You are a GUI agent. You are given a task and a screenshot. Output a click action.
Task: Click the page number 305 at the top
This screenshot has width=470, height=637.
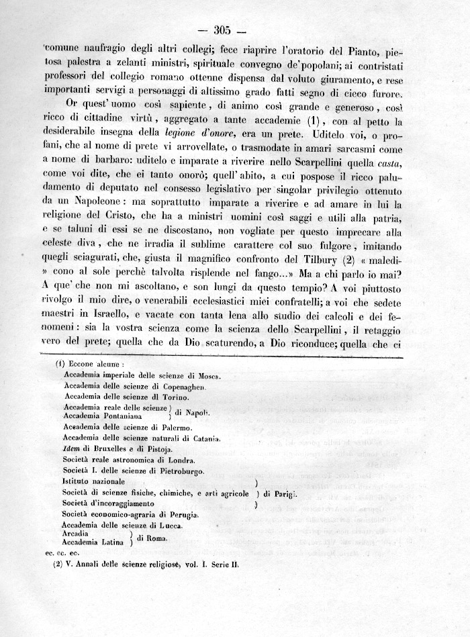[x=222, y=30]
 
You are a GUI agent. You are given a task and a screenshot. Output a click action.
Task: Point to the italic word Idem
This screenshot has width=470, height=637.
[x=71, y=448]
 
